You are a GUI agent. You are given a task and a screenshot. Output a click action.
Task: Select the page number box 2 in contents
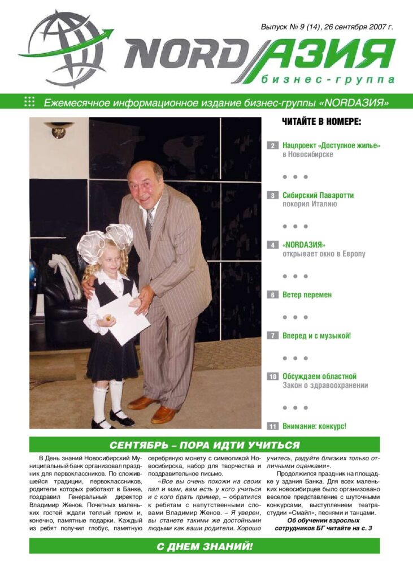click(x=273, y=146)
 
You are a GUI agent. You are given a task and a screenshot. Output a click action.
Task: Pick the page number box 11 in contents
click(x=273, y=426)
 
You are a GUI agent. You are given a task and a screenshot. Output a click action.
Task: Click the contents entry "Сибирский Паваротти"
click(x=318, y=195)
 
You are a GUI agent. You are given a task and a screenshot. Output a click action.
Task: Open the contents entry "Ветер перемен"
click(x=307, y=295)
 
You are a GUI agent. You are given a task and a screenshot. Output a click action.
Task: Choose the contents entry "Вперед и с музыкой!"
click(x=316, y=335)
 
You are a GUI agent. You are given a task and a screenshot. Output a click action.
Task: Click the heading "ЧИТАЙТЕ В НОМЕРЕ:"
click(x=321, y=122)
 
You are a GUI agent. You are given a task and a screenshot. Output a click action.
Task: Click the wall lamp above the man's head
click(x=58, y=131)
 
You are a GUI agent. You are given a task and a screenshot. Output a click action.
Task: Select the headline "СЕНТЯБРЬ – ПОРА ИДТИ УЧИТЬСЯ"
click(x=205, y=445)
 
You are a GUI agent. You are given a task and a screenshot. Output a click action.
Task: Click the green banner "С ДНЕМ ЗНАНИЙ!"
click(x=205, y=546)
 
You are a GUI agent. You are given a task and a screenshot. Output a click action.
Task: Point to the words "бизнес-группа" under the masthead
click(x=328, y=80)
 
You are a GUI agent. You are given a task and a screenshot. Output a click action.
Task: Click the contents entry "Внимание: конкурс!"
click(x=314, y=426)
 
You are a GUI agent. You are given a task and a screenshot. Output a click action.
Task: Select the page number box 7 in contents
click(x=273, y=336)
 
